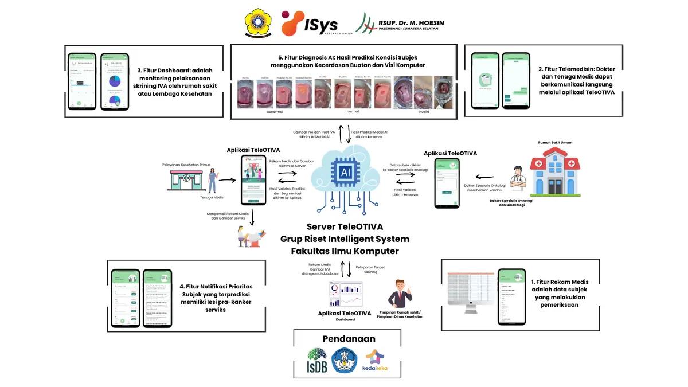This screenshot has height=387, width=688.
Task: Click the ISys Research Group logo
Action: point(309,23)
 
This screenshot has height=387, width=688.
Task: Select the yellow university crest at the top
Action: point(255,24)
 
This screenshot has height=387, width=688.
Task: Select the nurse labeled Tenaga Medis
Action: point(213,179)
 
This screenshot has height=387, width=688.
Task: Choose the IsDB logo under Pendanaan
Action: point(317,361)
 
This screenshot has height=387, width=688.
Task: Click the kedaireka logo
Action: point(375,361)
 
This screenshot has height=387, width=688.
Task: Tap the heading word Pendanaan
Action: point(345,339)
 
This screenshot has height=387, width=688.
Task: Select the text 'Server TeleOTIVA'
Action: point(345,226)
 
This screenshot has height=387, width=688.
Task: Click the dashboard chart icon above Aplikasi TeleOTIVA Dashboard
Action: point(345,294)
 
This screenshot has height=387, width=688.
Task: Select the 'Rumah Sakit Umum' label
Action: point(554,142)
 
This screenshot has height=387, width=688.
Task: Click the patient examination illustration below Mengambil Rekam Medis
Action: point(252,236)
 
